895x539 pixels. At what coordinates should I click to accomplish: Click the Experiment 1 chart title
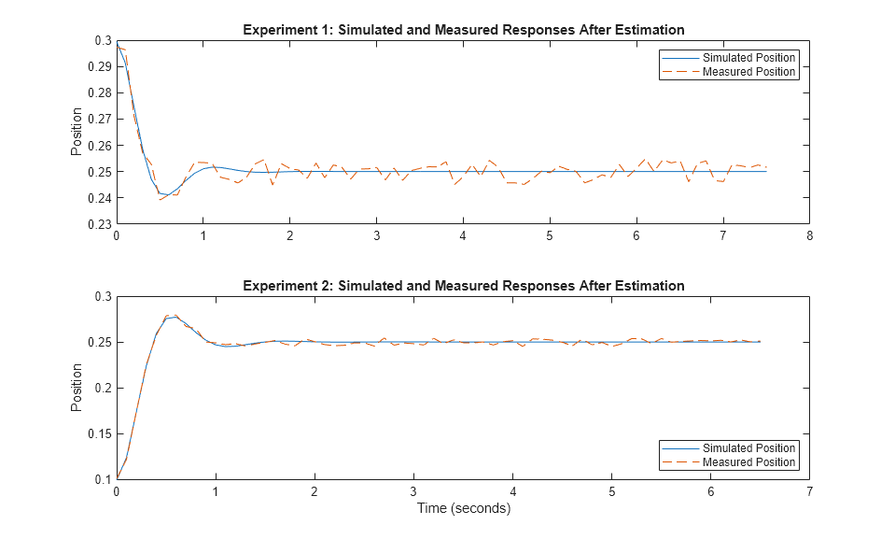(x=463, y=29)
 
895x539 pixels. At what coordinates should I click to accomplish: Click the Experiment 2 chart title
(x=463, y=285)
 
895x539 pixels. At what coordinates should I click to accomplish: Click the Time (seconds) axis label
(x=463, y=509)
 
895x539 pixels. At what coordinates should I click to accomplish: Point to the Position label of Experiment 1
(x=77, y=132)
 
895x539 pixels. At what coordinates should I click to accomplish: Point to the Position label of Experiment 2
(x=77, y=388)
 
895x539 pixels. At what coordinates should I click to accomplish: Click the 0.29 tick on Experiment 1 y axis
(x=98, y=67)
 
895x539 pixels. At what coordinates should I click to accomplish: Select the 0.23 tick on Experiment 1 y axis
(x=98, y=224)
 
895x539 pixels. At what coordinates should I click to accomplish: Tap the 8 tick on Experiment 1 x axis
(x=809, y=236)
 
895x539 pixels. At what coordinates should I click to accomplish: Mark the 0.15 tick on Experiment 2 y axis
(x=98, y=433)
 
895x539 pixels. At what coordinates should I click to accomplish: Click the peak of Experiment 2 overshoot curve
(x=173, y=317)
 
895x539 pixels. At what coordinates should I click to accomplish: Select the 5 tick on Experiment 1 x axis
(x=550, y=236)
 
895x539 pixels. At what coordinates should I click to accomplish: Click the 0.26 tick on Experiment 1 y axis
(x=98, y=146)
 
